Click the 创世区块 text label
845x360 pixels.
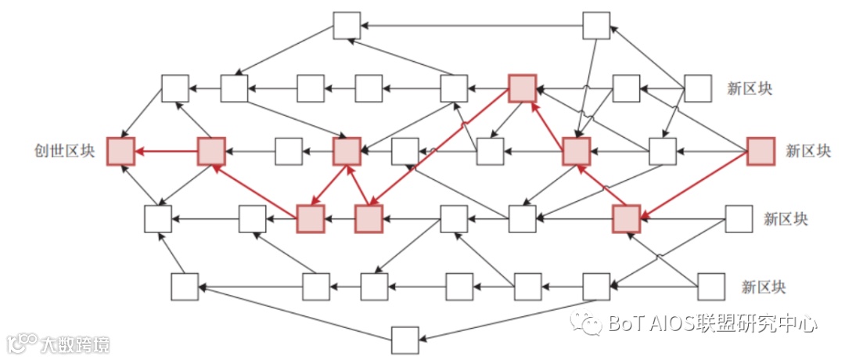point(63,151)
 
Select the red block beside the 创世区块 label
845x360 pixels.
point(120,151)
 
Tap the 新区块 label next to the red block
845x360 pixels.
point(808,151)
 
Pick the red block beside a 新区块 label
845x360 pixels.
point(760,151)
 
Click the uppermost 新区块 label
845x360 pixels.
point(749,88)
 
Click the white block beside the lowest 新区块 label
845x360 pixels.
point(711,286)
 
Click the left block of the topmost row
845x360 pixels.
point(347,25)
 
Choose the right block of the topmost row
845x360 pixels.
point(596,25)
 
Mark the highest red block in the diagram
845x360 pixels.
point(522,88)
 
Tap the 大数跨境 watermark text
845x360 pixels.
point(74,344)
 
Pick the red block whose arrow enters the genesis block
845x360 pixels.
point(211,151)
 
